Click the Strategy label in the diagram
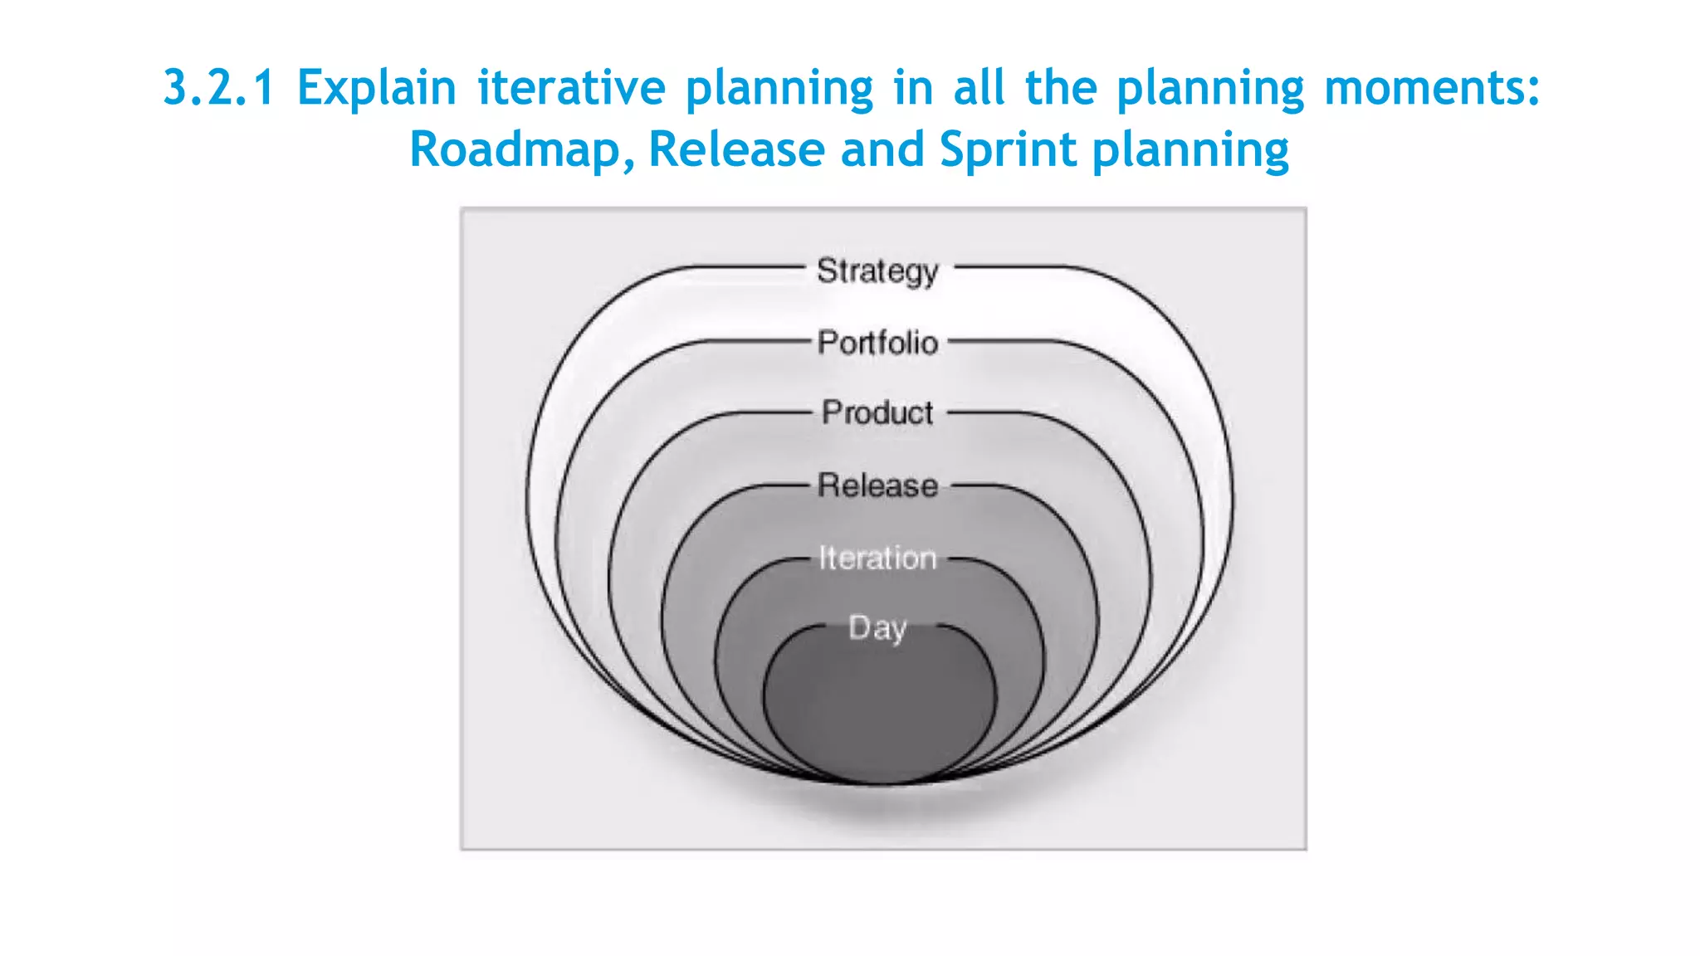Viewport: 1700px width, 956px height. (x=877, y=271)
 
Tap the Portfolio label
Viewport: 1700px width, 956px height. (x=877, y=343)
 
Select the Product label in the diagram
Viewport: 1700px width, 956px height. (x=877, y=412)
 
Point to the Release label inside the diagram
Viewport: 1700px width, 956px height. (x=877, y=485)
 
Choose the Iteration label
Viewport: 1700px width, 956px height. (x=877, y=558)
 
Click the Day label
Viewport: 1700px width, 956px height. (x=877, y=628)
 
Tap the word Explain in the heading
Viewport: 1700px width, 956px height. (x=377, y=88)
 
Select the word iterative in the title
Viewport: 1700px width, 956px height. (x=571, y=87)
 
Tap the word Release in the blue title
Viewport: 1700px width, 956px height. (x=736, y=149)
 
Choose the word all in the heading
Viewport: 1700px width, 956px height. (x=979, y=87)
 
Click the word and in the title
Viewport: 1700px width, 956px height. (x=882, y=149)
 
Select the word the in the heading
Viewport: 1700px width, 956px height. (x=1061, y=87)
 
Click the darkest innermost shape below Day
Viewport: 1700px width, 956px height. (x=879, y=714)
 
